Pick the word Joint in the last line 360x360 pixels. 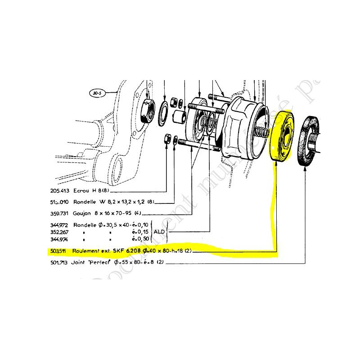[x=81, y=262]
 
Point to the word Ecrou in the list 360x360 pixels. [x=81, y=190]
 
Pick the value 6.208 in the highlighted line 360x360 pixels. [x=133, y=251]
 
